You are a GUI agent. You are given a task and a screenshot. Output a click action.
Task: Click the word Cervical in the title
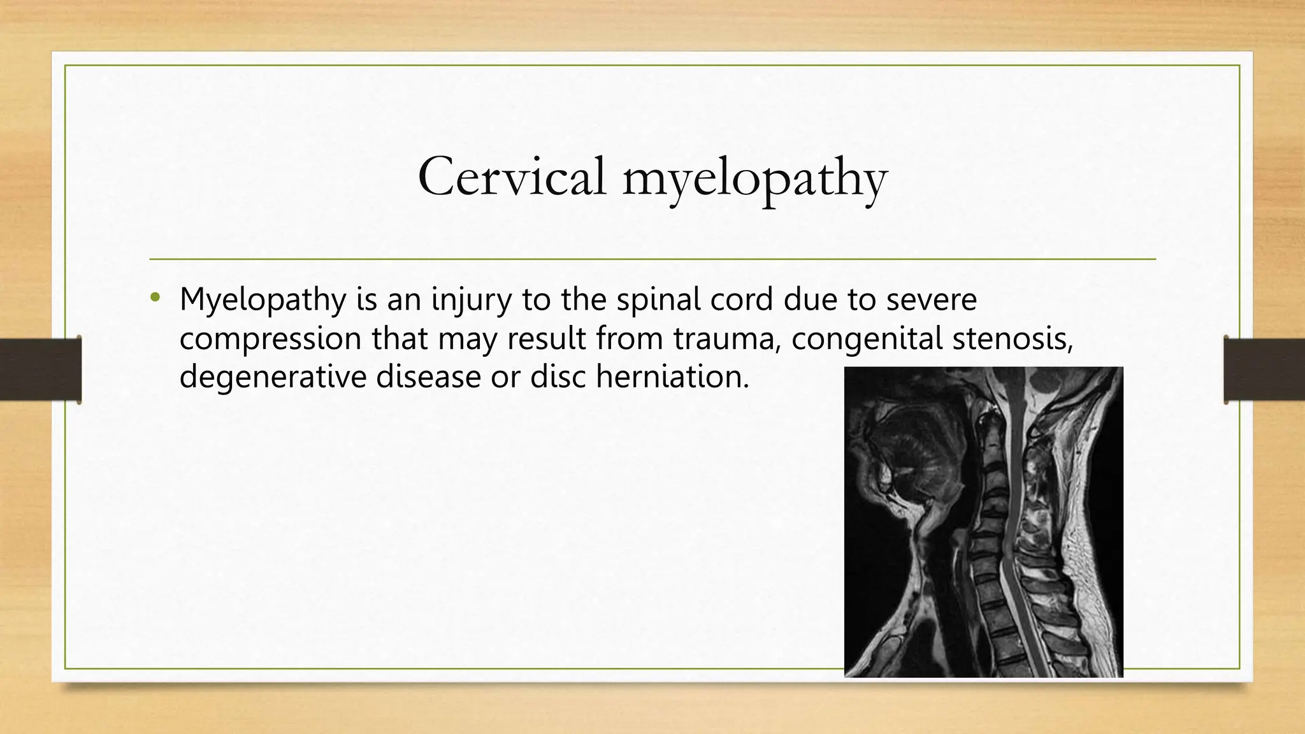click(512, 176)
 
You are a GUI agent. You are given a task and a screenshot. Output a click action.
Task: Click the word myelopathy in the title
click(754, 179)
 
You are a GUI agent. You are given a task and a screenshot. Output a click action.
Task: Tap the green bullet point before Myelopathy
click(154, 298)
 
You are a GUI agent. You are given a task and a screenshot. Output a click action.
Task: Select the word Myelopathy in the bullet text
click(262, 300)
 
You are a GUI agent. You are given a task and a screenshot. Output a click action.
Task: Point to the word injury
click(472, 300)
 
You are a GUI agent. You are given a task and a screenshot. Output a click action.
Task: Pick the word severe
click(931, 299)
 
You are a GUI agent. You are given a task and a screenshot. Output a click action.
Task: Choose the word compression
click(270, 339)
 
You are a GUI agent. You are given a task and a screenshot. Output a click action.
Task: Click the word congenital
click(867, 339)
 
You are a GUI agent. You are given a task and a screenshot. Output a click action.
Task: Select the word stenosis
click(1013, 338)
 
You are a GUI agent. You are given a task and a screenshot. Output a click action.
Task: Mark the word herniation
click(672, 376)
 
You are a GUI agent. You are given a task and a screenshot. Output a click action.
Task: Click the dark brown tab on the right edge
click(1264, 370)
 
